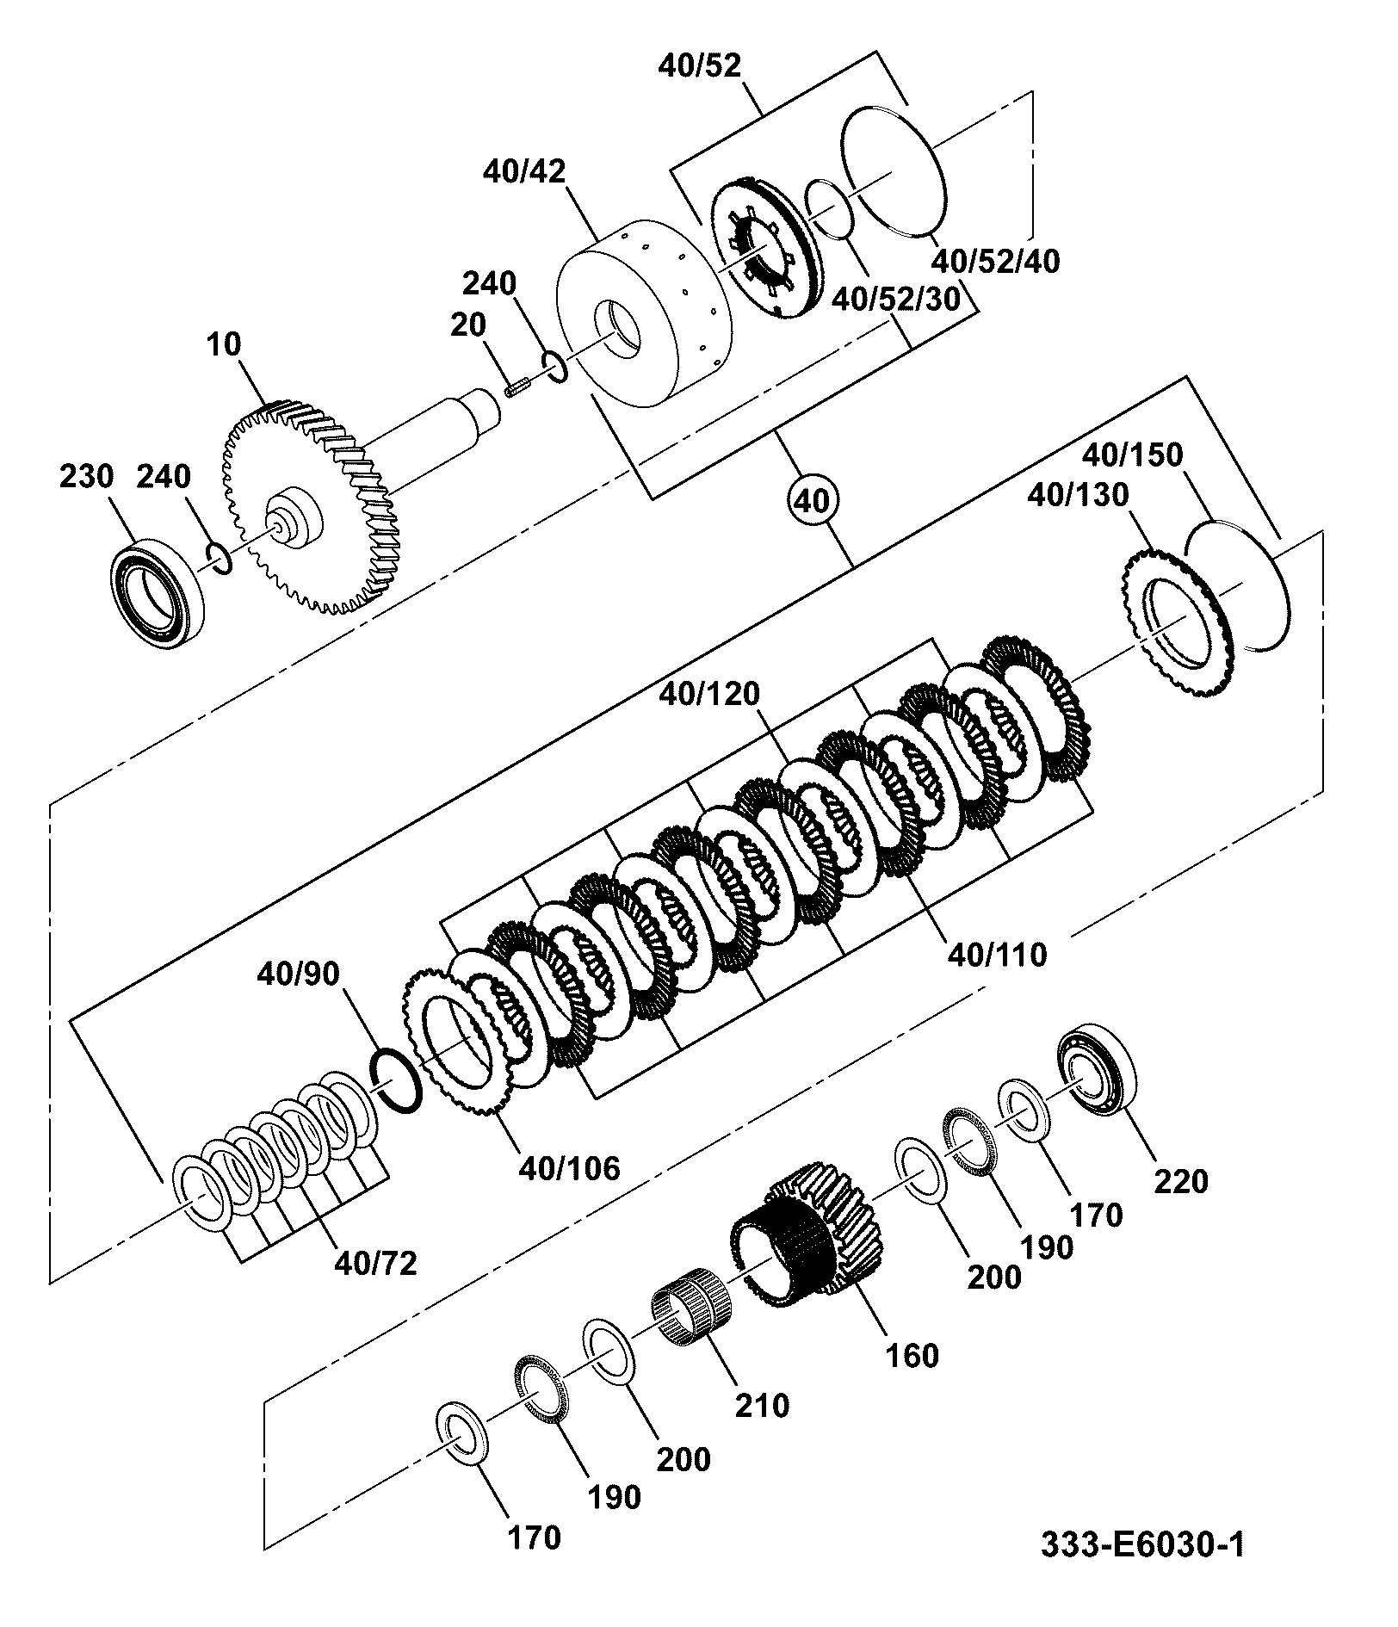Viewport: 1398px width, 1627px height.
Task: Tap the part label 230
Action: pos(87,476)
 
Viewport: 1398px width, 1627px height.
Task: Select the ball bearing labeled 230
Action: pos(158,592)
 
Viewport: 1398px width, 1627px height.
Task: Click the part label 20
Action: pos(468,325)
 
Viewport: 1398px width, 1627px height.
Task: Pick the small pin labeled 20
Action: pos(516,388)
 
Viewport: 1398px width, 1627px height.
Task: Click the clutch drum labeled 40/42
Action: pos(646,316)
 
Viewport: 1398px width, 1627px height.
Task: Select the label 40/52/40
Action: pos(997,260)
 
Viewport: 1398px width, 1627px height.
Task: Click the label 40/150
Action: pos(1132,454)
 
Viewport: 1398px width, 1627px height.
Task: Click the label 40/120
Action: pos(710,693)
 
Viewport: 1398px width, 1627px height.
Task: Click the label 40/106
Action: pos(569,1168)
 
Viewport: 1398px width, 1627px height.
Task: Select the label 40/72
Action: pos(376,1263)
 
